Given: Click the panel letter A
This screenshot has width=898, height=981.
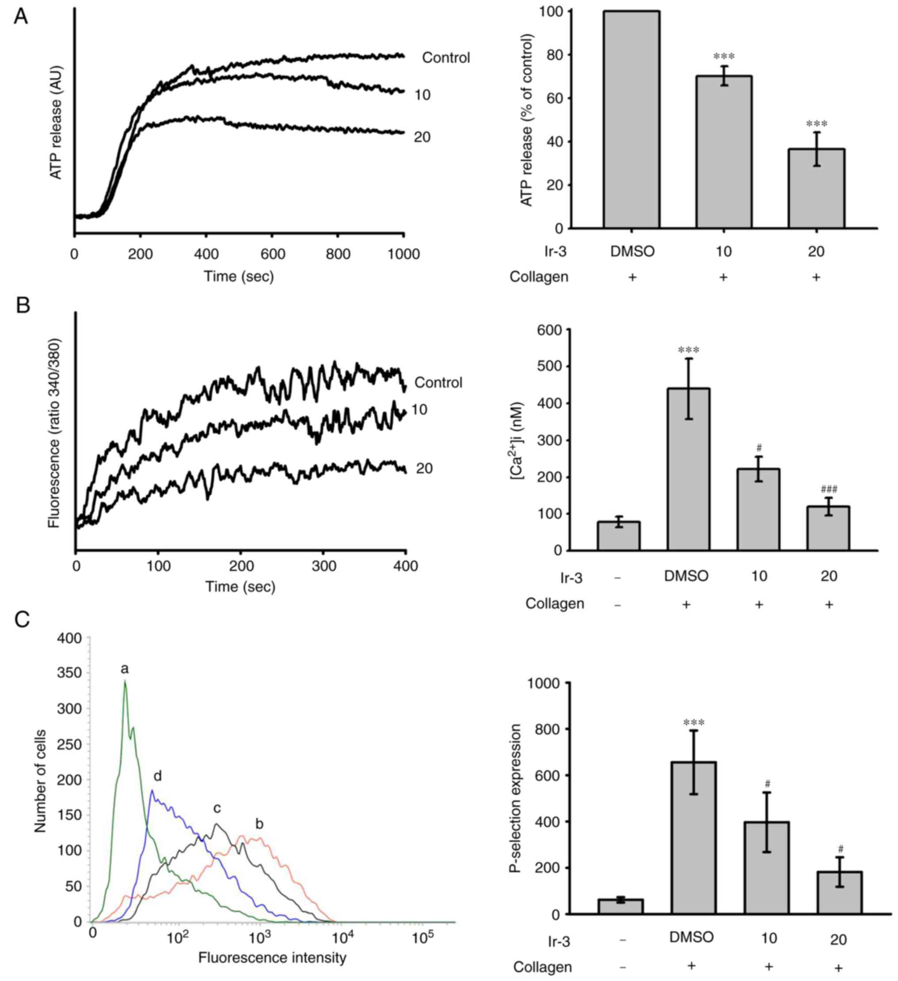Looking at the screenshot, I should (21, 17).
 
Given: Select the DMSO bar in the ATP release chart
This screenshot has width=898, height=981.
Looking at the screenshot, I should (632, 120).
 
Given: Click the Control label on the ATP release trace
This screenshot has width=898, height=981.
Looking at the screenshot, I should (445, 58).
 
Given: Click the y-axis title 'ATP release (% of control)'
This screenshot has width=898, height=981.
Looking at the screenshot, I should (527, 120).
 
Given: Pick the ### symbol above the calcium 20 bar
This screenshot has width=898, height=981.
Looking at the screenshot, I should (829, 489).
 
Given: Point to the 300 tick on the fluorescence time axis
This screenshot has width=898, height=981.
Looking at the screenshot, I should (324, 566).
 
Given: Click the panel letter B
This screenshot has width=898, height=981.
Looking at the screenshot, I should (23, 305).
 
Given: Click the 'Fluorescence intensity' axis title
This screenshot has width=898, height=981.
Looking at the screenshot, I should (272, 958).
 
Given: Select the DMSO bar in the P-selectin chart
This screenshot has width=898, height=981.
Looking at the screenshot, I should (693, 837).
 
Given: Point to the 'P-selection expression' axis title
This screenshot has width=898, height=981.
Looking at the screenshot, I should (516, 798).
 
